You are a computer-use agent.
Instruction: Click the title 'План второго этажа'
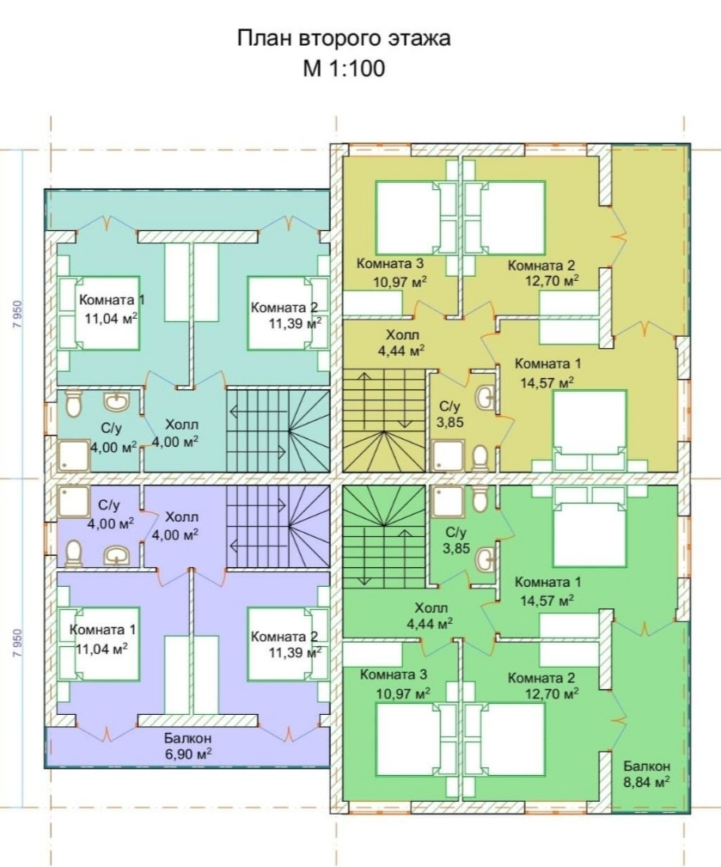(x=343, y=39)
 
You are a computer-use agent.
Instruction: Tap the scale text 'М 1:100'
(x=343, y=69)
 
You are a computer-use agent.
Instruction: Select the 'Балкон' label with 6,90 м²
(x=187, y=738)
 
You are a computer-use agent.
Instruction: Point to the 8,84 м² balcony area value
(x=647, y=782)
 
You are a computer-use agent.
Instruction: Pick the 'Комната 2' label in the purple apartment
(x=284, y=637)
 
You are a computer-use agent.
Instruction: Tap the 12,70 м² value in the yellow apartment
(x=551, y=280)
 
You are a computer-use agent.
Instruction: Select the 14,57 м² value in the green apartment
(x=546, y=600)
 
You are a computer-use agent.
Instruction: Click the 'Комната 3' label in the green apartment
(x=394, y=675)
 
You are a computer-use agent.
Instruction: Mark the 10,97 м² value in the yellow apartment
(x=400, y=280)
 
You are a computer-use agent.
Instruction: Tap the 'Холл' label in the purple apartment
(x=181, y=517)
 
